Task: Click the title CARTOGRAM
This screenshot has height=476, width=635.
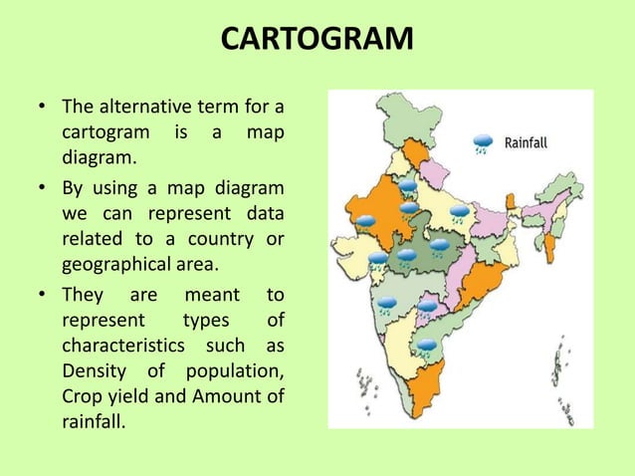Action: coord(317,41)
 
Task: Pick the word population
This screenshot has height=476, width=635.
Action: coord(235,373)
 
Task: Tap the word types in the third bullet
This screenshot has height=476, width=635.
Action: coord(206,320)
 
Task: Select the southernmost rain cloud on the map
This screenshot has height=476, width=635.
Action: coord(426,347)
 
